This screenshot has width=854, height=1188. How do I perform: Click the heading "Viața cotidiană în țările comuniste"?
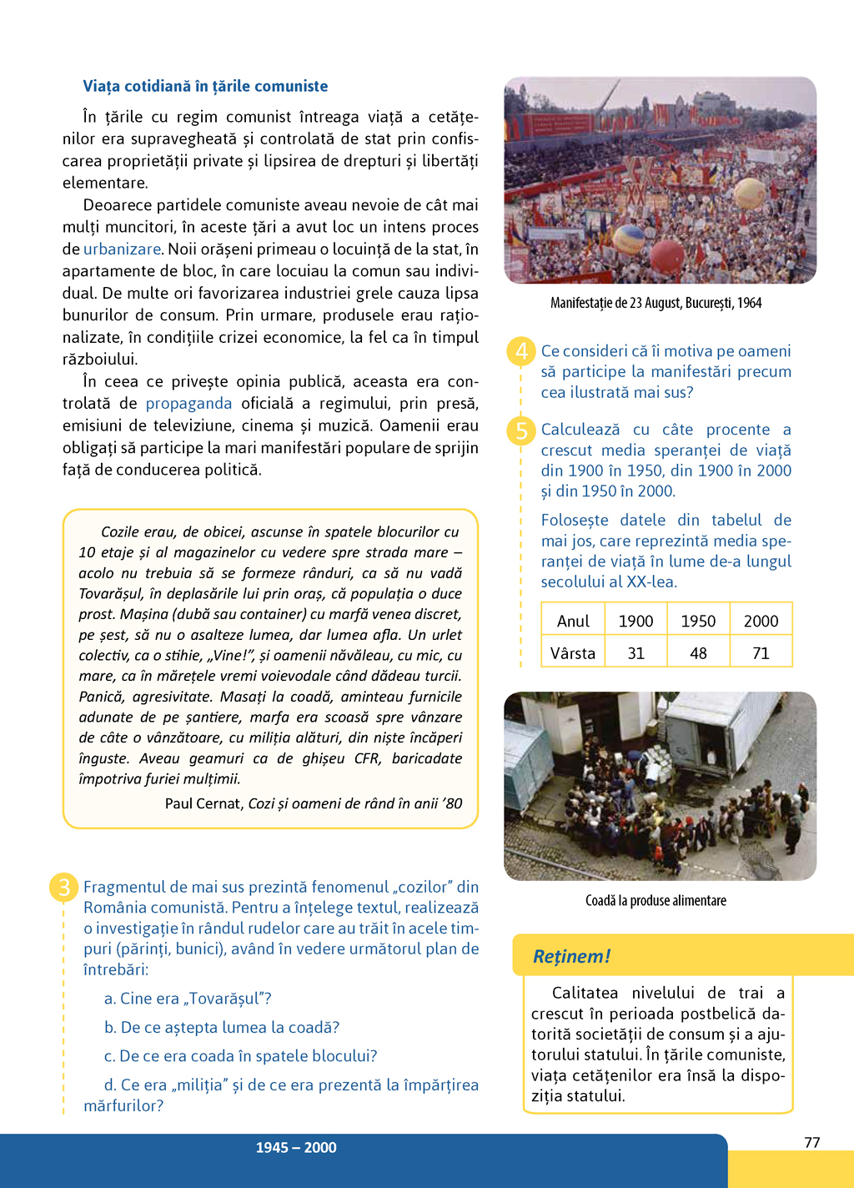click(205, 86)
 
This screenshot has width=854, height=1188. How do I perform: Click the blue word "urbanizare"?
click(122, 249)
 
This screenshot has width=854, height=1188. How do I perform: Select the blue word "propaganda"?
click(188, 404)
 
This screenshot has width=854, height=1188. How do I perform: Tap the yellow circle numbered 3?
click(64, 887)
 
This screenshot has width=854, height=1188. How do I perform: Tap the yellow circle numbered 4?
click(521, 351)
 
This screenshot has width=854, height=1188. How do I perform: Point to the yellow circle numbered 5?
click(521, 430)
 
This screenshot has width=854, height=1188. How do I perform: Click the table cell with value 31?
click(635, 653)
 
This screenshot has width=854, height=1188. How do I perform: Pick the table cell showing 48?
click(698, 653)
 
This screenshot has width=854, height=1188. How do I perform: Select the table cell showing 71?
click(761, 653)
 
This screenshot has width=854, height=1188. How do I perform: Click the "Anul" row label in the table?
click(573, 622)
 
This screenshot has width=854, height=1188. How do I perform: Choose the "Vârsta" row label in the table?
click(573, 653)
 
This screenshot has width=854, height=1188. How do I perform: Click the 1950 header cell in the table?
click(698, 622)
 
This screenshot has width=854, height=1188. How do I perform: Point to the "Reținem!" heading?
click(572, 956)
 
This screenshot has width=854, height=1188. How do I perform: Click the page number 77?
click(811, 1143)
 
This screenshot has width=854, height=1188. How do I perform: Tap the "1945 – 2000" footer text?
click(296, 1148)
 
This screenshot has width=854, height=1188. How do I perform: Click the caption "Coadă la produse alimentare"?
click(656, 901)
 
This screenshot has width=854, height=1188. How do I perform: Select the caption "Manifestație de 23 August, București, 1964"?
click(656, 303)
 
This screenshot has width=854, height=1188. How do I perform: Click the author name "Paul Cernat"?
click(203, 803)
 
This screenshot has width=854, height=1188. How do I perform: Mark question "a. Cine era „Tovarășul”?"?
click(188, 999)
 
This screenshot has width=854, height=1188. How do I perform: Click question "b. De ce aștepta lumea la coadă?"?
click(222, 1028)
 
